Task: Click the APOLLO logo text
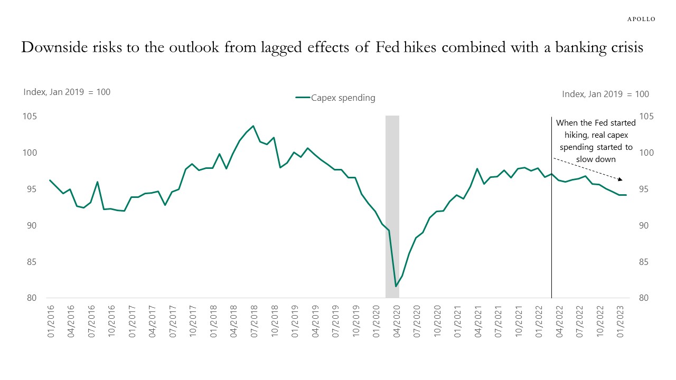641,19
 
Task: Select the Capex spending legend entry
335,98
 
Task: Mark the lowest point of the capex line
396,286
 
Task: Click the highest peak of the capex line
253,126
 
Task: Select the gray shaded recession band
392,206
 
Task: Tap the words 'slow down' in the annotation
596,159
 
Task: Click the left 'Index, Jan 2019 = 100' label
67,92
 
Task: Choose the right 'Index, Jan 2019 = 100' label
605,94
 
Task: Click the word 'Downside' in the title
58,47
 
